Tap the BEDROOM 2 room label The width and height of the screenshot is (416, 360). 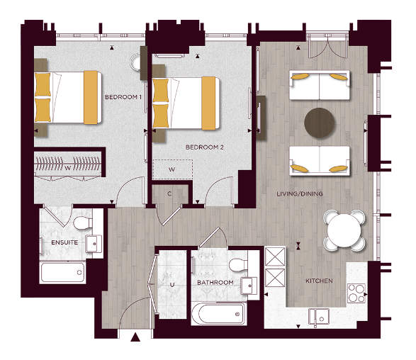[x=204, y=147]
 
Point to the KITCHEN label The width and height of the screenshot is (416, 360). [x=318, y=281]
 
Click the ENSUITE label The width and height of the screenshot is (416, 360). [x=64, y=242]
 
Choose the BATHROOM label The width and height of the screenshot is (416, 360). [x=215, y=282]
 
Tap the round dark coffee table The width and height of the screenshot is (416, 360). [x=320, y=122]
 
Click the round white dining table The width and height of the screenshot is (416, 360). [x=344, y=229]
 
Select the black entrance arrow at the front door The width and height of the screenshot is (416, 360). [x=137, y=339]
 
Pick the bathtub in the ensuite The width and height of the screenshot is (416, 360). [x=63, y=272]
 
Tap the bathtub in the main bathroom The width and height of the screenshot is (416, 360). [x=219, y=312]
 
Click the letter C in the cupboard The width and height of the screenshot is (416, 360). [x=170, y=193]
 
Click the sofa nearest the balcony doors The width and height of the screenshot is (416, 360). [x=320, y=86]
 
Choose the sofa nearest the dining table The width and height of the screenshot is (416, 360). [x=320, y=161]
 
